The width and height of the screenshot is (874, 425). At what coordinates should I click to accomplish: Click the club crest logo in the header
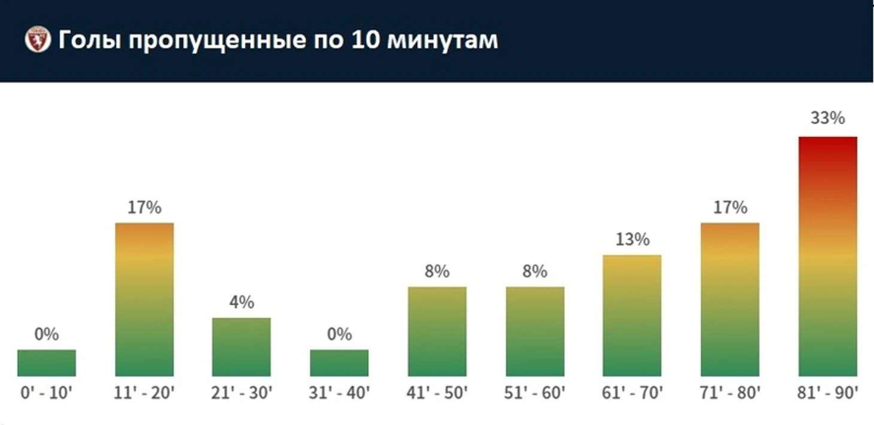pos(38,40)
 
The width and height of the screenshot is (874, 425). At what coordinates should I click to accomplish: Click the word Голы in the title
pos(90,40)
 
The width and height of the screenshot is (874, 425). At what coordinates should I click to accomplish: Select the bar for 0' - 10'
pos(47,363)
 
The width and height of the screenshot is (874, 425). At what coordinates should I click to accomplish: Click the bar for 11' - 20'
pos(144,299)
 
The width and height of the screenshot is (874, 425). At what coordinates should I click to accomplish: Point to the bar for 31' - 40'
pos(339,363)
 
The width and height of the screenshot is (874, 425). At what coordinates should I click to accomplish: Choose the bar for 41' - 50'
pos(437,331)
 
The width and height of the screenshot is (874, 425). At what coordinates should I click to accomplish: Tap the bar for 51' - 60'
pos(535,331)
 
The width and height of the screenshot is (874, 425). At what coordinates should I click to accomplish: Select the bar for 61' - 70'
pos(632,315)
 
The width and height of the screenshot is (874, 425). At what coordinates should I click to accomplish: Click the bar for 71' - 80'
pos(730,299)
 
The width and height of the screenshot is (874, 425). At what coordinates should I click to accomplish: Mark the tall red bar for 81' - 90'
pos(827,256)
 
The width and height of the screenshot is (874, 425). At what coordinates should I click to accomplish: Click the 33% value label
pos(827,118)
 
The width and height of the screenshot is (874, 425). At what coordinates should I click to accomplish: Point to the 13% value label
pos(632,239)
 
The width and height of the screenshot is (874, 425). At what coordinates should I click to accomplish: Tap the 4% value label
pos(241,302)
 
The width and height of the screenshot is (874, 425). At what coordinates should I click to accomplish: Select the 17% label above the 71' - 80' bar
pos(730,207)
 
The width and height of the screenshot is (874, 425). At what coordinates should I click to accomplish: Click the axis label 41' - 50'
pos(437,393)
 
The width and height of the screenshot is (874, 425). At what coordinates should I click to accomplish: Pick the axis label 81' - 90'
pos(828,393)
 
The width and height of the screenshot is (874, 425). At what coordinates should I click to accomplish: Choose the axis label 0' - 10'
pos(47,393)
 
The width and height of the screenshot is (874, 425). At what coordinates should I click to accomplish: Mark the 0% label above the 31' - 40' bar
pos(339,334)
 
